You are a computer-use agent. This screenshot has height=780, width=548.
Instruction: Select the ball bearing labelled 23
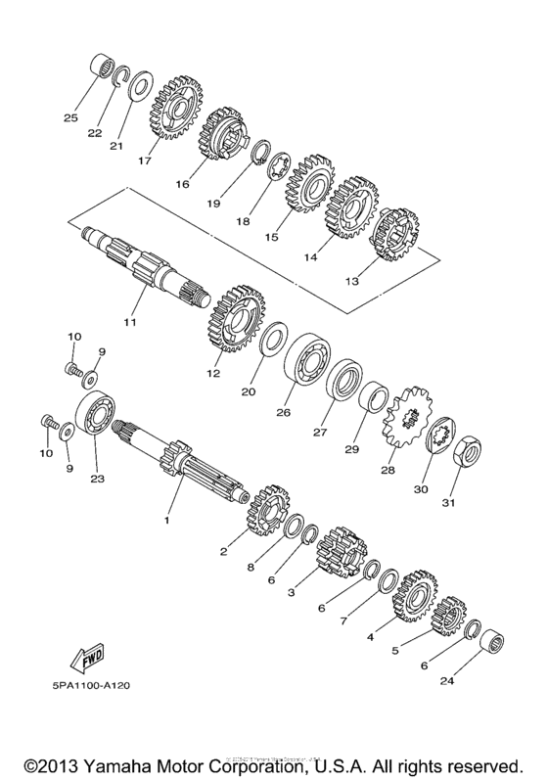(96, 418)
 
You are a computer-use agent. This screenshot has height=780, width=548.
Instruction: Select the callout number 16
(184, 183)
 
